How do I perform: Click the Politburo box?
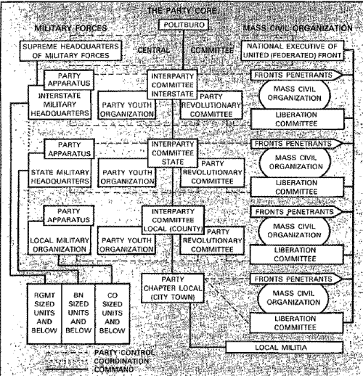(x=184, y=25)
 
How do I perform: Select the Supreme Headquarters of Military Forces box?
(x=70, y=51)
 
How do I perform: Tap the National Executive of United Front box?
(x=293, y=50)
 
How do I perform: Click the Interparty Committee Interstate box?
(x=173, y=84)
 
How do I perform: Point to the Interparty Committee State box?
(x=173, y=153)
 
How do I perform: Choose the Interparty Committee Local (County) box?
(x=173, y=220)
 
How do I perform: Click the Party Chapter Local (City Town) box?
(x=173, y=288)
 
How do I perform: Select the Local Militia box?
(x=285, y=348)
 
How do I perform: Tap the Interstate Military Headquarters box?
(x=60, y=105)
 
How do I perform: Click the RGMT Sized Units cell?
(x=44, y=314)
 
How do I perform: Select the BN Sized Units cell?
(x=78, y=314)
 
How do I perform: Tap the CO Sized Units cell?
(x=113, y=314)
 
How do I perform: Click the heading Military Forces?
(x=70, y=28)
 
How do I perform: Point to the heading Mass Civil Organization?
(x=298, y=28)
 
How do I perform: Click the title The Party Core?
(x=182, y=11)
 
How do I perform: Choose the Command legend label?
(x=114, y=369)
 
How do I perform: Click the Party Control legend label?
(x=124, y=353)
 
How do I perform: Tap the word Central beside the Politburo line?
(x=154, y=50)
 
